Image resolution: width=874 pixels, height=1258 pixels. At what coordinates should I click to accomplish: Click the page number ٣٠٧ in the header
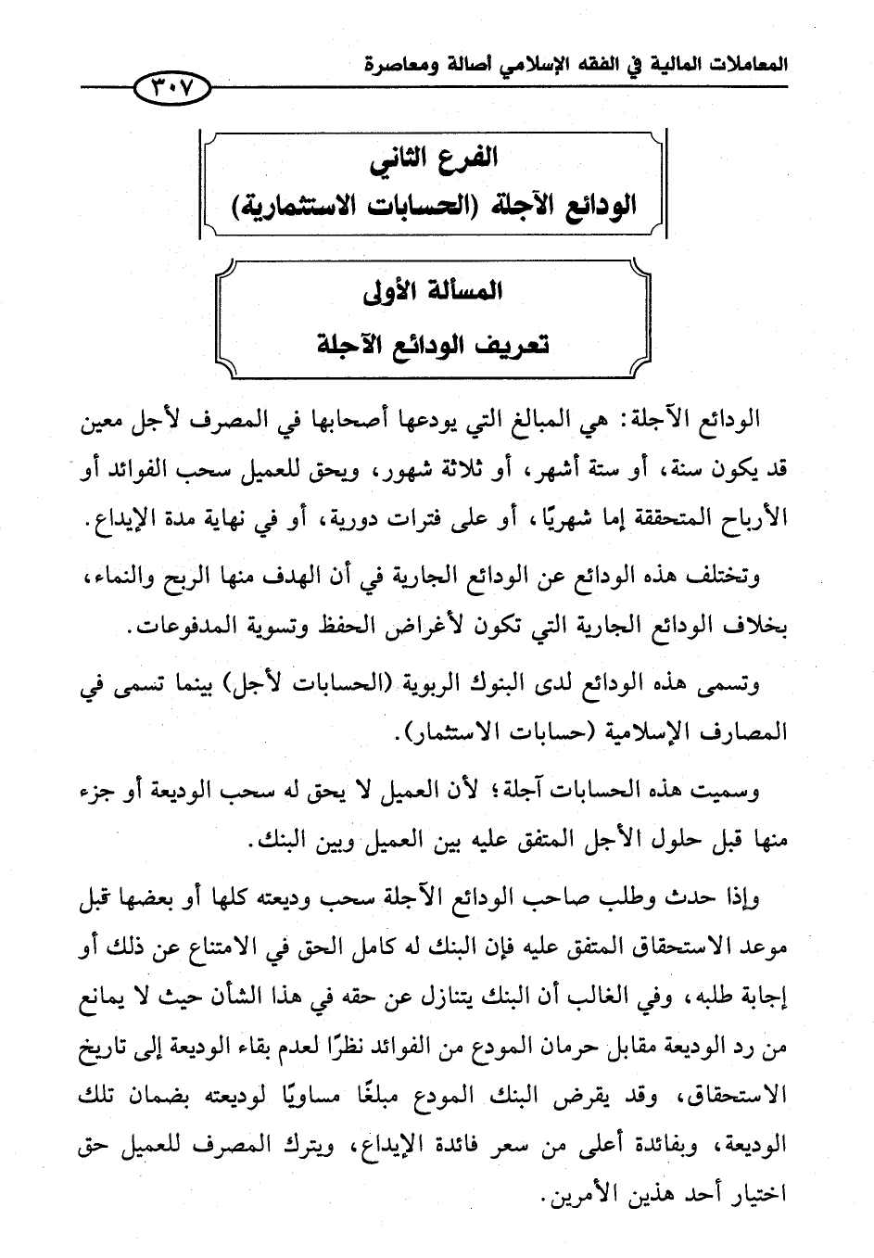tap(172, 90)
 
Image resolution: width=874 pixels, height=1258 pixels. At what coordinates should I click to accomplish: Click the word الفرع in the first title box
tap(465, 158)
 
